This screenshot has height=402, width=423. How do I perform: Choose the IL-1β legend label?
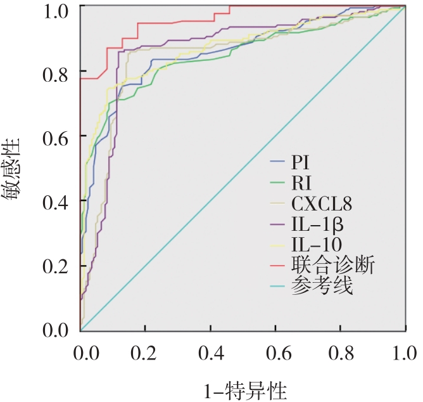317,224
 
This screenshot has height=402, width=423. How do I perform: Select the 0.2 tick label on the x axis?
145,352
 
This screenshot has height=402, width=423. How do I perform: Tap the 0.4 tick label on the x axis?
210,352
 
